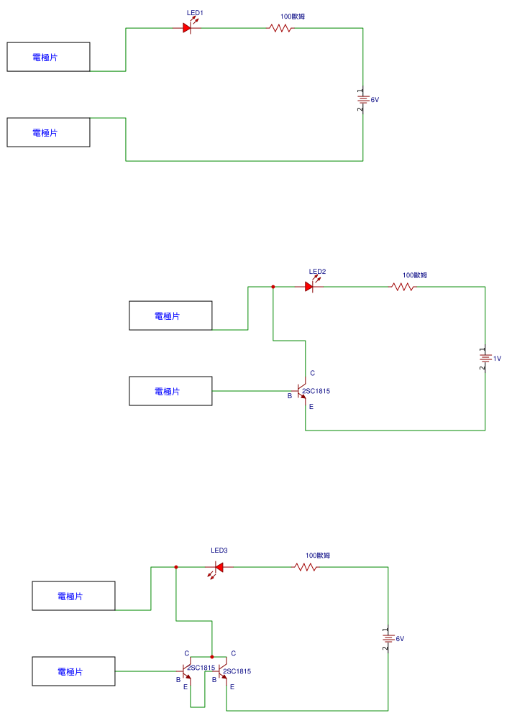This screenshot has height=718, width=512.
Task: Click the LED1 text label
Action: coord(195,13)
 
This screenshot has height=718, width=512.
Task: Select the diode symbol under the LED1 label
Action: coord(188,28)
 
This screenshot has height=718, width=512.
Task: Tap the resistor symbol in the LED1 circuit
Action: coord(280,28)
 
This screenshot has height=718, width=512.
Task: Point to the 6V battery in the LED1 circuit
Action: coord(362,99)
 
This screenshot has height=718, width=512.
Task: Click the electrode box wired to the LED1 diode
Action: coord(48,57)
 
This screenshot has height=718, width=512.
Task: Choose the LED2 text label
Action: coord(317,272)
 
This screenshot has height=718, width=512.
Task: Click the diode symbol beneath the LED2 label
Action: coord(310,286)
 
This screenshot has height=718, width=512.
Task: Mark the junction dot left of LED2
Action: coord(273,287)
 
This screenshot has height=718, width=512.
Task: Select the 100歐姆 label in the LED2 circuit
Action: coord(415,275)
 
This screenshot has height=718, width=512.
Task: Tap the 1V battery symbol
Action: coord(485,357)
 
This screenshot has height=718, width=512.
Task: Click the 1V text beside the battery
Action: coord(497,358)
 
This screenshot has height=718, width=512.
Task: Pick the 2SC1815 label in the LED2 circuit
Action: coord(316,391)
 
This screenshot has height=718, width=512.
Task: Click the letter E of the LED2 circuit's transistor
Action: coord(311,407)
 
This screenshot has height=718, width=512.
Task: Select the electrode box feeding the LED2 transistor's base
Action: coord(170,391)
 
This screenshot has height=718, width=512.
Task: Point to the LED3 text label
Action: coord(219,551)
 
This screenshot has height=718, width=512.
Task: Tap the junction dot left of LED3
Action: coord(176,567)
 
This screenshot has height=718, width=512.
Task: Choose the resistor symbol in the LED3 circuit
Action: coord(306,567)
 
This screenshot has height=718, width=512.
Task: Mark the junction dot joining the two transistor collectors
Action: coord(212,656)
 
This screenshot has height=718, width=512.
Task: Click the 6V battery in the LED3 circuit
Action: coord(388,638)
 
